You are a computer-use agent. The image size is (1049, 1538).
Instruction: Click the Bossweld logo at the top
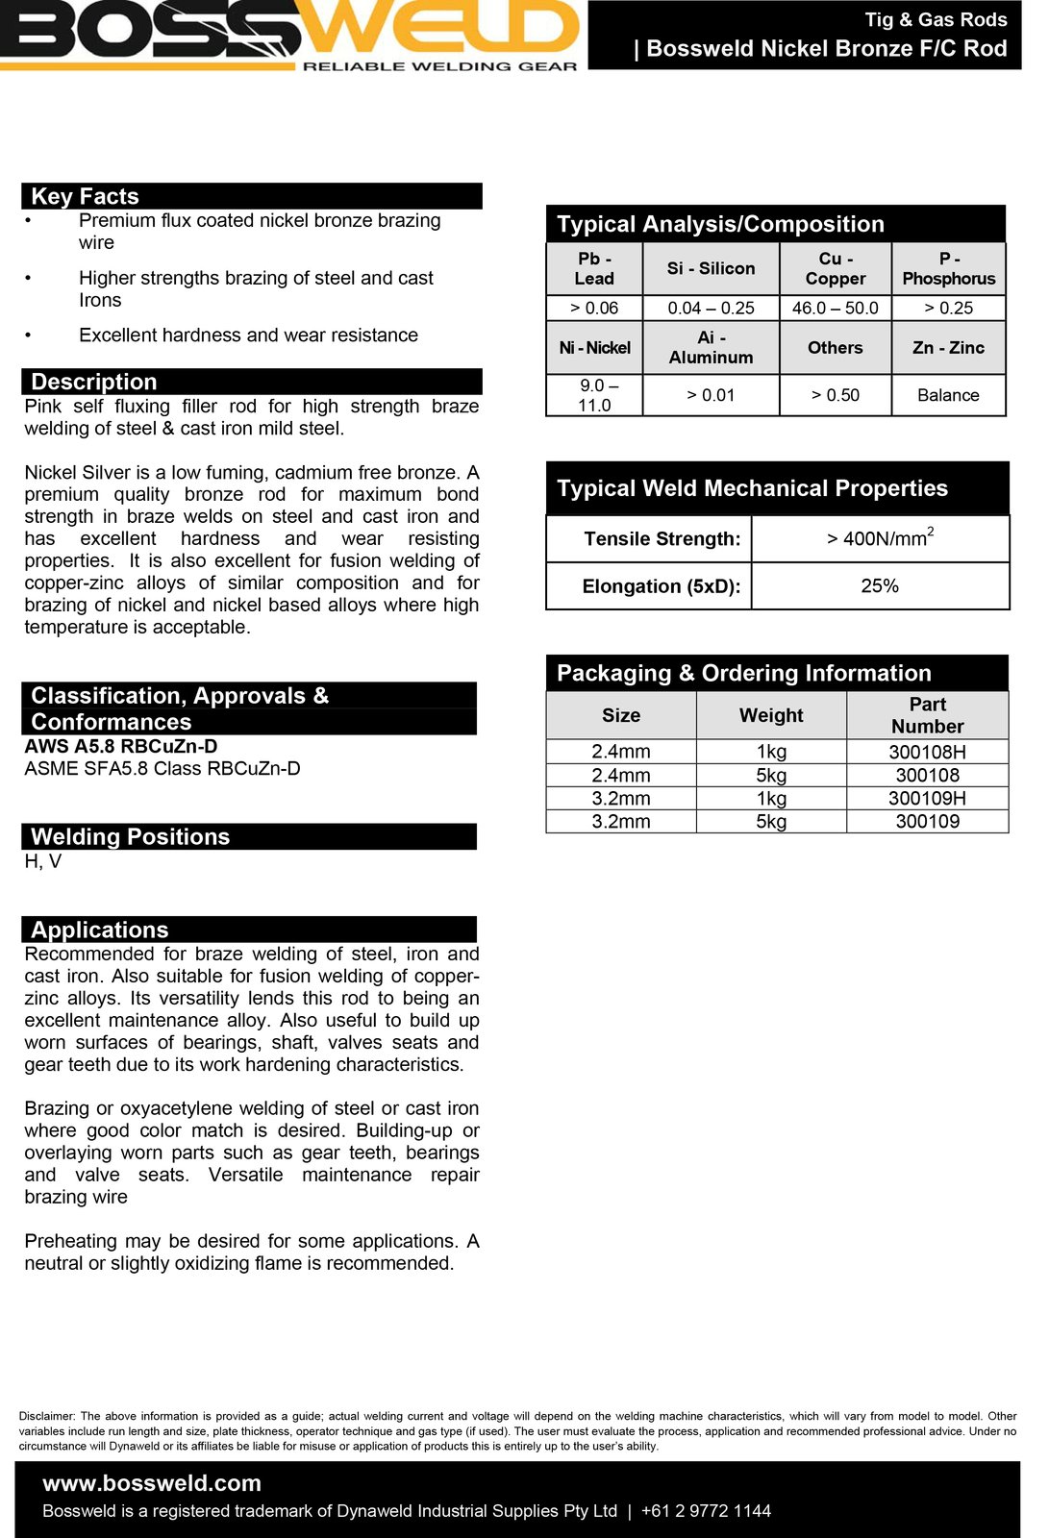coord(293,35)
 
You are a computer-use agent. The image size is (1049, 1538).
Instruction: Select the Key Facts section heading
coord(86,196)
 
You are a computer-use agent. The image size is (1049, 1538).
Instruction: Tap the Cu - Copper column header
coord(835,269)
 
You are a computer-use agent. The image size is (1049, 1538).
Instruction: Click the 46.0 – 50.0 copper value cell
coord(835,309)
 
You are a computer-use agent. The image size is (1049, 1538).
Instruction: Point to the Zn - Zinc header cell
coord(948,348)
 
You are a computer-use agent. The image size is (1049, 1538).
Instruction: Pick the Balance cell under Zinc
coord(948,395)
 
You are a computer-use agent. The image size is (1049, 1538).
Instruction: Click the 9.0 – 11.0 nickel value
coord(594,395)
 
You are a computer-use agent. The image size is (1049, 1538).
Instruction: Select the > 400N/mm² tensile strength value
coord(880,538)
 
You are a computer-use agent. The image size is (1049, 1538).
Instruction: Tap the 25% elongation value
coord(880,585)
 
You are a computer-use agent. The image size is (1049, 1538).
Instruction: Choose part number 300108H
coord(927,752)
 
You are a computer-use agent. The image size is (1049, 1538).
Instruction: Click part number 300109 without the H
coord(927,821)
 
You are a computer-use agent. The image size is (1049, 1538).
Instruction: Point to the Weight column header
coord(771,715)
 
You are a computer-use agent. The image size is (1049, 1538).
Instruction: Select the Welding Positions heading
coord(130,836)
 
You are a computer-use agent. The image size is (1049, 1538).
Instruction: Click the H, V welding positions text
coord(43,861)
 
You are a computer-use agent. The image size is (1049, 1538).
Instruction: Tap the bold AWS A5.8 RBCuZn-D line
coord(121,746)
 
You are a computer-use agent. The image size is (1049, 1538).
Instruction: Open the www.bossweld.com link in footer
coord(152,1483)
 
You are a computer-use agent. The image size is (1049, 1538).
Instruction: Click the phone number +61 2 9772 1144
coord(706,1511)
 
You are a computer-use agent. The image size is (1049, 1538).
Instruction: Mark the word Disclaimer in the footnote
coord(47,1416)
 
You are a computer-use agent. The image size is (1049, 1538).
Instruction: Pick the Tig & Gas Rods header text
coord(936,19)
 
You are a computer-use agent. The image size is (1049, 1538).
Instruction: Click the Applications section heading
coord(100,930)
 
